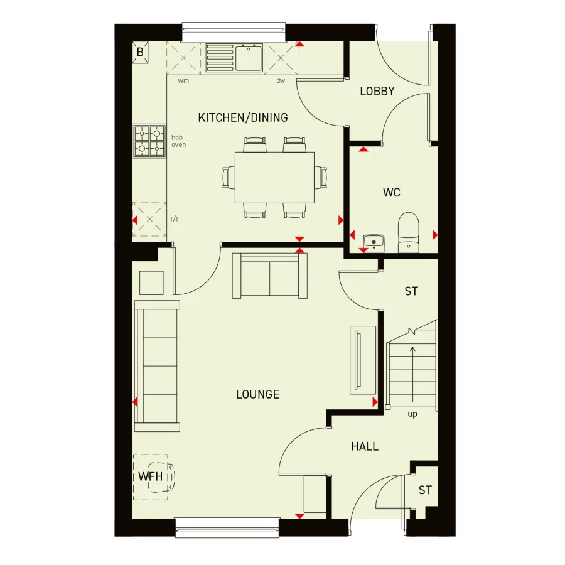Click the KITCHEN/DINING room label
[243, 117]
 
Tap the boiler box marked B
[140, 52]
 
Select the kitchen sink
[234, 57]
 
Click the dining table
[274, 177]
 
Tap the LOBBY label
[377, 92]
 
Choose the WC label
[392, 193]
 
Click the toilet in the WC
[409, 232]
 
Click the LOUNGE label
[257, 395]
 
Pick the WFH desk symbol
[151, 476]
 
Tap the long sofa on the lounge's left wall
[157, 366]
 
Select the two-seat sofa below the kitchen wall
[270, 276]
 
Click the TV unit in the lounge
[362, 360]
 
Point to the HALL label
[365, 447]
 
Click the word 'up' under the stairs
[412, 414]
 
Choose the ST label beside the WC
[411, 291]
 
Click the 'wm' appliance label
[183, 81]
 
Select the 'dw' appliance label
[281, 81]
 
